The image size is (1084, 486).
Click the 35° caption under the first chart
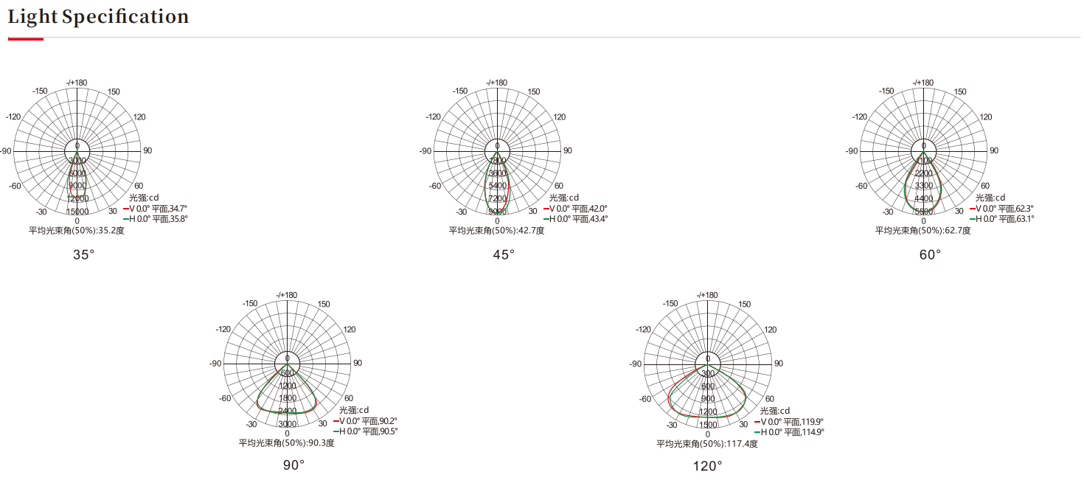coord(83,254)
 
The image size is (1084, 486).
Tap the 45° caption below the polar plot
coord(504,254)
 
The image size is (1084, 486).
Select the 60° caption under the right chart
coord(930,254)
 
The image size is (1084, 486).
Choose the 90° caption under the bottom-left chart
coord(293,465)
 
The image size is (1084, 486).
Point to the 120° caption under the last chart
coord(707,466)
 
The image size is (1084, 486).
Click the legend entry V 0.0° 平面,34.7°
coord(155,209)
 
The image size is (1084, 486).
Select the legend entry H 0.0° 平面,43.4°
coord(575,219)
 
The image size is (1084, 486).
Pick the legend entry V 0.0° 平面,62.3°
coord(1001,209)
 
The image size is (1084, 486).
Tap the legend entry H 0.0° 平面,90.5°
coord(365,431)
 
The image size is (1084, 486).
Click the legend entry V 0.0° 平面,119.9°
coord(789,422)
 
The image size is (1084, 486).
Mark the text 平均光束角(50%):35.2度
coord(77,231)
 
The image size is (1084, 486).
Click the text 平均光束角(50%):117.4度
coord(707,444)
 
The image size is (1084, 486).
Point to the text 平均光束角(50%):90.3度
coord(287,443)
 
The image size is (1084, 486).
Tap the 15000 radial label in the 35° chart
coord(77,212)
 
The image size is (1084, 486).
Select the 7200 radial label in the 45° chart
coord(497,198)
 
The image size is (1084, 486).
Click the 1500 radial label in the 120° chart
coord(708,425)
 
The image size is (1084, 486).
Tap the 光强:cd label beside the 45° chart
coord(565,198)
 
